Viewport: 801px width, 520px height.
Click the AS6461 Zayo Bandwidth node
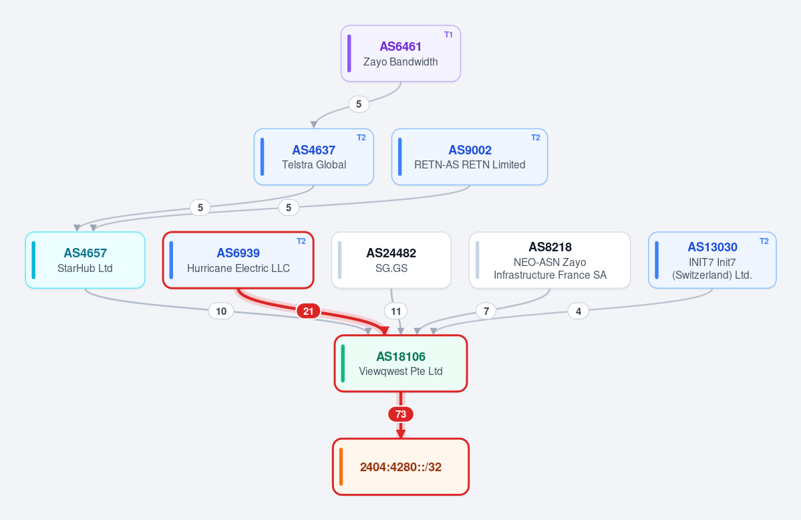tap(401, 53)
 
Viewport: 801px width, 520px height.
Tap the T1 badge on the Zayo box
tap(448, 35)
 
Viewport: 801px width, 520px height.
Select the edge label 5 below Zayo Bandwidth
tap(359, 104)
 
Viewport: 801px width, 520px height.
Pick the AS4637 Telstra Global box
tap(314, 157)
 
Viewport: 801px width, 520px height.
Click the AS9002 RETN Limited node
tap(470, 157)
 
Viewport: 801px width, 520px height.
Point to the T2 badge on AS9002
tap(535, 138)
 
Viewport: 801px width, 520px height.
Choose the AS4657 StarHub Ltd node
tap(86, 260)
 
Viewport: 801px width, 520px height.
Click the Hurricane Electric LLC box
tap(238, 260)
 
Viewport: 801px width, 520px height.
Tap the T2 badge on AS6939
tap(301, 241)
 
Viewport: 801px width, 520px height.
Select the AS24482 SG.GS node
tap(391, 260)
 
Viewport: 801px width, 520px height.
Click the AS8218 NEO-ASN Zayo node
tap(550, 260)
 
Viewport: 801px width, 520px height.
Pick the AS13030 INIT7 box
tap(712, 260)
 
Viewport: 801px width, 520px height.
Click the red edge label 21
tap(308, 311)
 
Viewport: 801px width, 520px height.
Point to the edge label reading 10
tap(221, 311)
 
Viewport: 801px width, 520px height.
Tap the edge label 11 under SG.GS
tap(396, 311)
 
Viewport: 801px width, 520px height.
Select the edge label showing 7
tap(486, 311)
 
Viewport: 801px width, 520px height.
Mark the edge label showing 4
tap(579, 311)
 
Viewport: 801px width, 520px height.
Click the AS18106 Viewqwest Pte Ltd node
tap(401, 364)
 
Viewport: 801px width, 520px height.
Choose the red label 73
tap(401, 414)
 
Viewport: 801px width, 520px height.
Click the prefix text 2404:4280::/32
tap(401, 467)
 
